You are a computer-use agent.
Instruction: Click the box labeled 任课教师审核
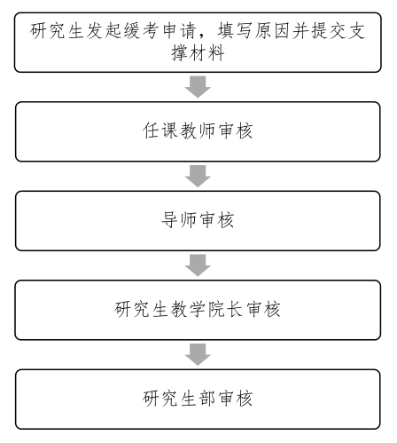(x=199, y=133)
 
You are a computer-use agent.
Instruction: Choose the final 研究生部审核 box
(x=199, y=397)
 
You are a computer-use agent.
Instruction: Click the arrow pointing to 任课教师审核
(x=199, y=87)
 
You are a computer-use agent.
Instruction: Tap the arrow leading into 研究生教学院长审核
(x=199, y=265)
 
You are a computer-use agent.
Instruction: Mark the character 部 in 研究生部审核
(x=200, y=397)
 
